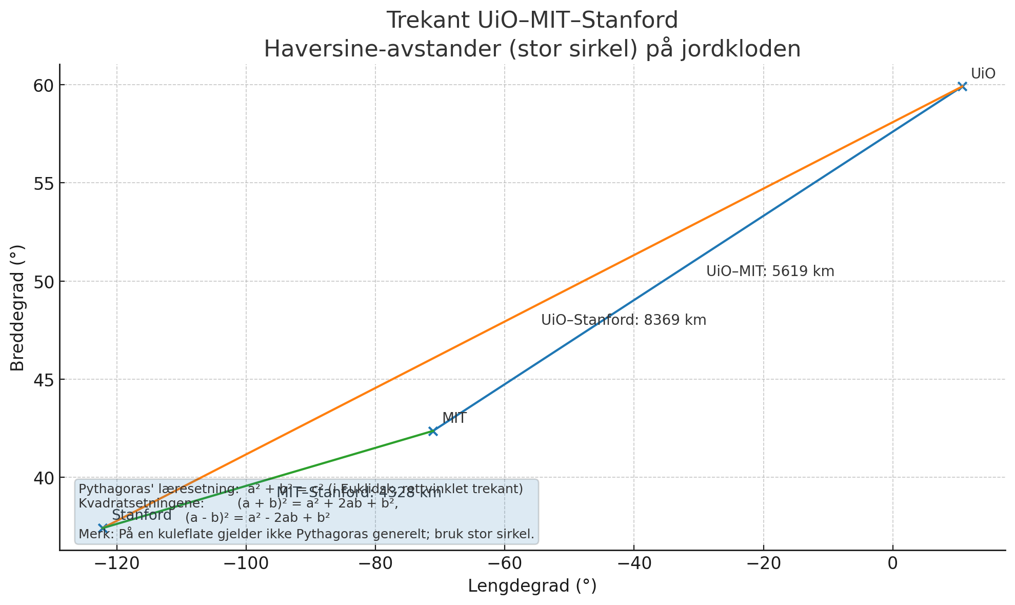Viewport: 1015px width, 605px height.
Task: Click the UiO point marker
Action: pyautogui.click(x=962, y=86)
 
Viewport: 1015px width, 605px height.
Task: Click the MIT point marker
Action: pyautogui.click(x=432, y=431)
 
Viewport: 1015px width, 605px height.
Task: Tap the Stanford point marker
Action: pyautogui.click(x=103, y=528)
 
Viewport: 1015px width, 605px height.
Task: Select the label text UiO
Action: pyautogui.click(x=983, y=74)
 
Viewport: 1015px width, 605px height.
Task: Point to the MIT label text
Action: pyautogui.click(x=454, y=418)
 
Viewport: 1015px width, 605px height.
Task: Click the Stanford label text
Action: pyautogui.click(x=142, y=515)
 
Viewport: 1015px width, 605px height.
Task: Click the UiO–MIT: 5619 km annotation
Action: pyautogui.click(x=770, y=271)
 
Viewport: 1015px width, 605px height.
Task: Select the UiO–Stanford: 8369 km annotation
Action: pyautogui.click(x=624, y=320)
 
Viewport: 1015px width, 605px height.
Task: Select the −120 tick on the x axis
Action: pyautogui.click(x=116, y=563)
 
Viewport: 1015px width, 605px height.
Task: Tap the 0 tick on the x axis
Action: pyautogui.click(x=893, y=563)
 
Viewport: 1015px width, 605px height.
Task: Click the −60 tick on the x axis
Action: pyautogui.click(x=504, y=563)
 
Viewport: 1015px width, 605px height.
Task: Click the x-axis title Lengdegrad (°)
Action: pyautogui.click(x=532, y=586)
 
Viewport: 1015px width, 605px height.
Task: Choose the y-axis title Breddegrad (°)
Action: pyautogui.click(x=17, y=308)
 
